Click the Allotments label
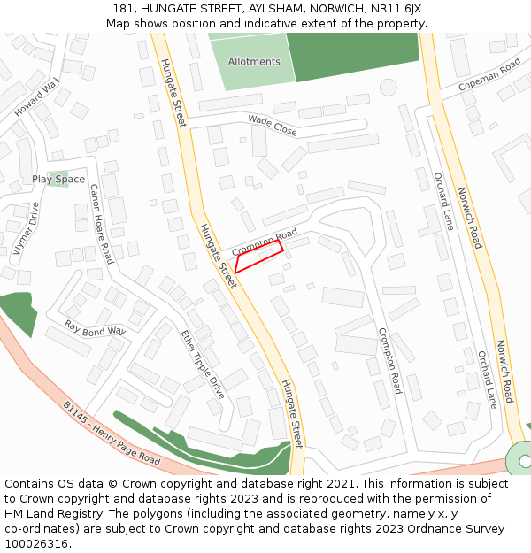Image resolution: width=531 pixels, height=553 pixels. (254, 62)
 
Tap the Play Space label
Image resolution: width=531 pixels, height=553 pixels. (58, 180)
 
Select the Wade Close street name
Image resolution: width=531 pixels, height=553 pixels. (273, 125)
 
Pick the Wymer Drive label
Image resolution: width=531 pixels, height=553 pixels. (27, 229)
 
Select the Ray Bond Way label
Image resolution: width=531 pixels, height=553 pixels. (96, 329)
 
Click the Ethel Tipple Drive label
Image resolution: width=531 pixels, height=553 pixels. (203, 363)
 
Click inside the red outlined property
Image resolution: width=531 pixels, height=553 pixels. (258, 256)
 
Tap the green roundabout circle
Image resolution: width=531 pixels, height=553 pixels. (522, 460)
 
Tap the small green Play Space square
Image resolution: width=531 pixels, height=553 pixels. (58, 179)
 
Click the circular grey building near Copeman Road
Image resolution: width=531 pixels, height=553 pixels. (388, 87)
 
